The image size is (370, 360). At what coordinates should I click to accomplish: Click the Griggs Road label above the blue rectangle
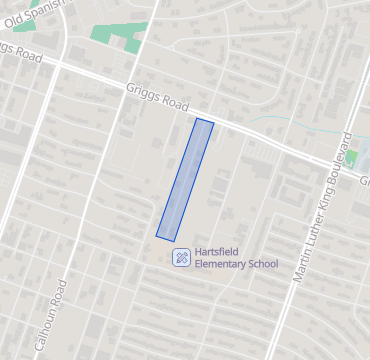(158, 96)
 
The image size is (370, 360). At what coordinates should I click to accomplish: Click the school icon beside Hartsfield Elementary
(181, 257)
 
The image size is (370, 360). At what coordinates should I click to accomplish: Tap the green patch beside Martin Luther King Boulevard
(351, 158)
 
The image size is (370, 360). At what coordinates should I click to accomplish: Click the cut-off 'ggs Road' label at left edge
(20, 52)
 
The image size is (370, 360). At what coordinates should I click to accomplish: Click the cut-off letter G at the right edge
(365, 182)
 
